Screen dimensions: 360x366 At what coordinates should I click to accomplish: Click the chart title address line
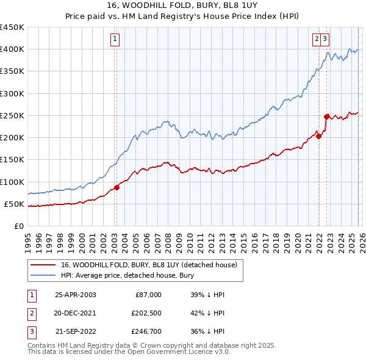click(182, 6)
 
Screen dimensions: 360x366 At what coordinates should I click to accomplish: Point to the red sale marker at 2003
click(117, 187)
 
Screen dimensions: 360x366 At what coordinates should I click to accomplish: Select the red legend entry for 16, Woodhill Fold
click(152, 265)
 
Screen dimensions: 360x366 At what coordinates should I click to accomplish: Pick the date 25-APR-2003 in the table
click(76, 295)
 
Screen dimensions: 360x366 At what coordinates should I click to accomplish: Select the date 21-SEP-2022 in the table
click(76, 331)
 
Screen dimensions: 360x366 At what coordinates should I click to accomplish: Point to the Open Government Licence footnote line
click(129, 352)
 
